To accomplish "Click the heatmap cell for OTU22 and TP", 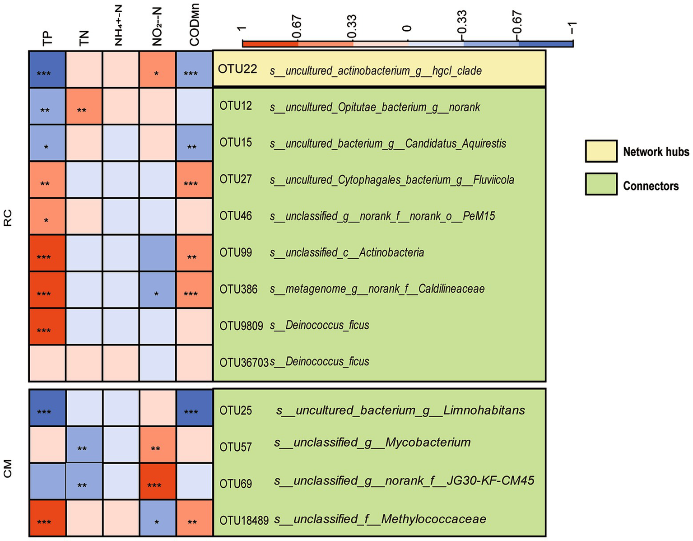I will click(47, 69).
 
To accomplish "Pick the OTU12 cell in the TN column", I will click(84, 106).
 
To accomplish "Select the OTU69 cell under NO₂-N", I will click(157, 481).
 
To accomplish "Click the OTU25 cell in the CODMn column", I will click(194, 408).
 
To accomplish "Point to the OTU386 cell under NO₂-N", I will click(157, 289).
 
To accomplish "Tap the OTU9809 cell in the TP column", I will click(47, 326).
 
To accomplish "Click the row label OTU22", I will click(237, 69).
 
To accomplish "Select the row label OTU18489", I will click(244, 520).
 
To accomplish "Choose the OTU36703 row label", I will click(244, 362).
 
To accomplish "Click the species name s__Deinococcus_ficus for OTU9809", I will click(320, 325).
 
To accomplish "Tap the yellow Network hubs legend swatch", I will click(601, 151).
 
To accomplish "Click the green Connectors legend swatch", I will click(601, 184).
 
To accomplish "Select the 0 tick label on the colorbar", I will click(407, 29).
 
